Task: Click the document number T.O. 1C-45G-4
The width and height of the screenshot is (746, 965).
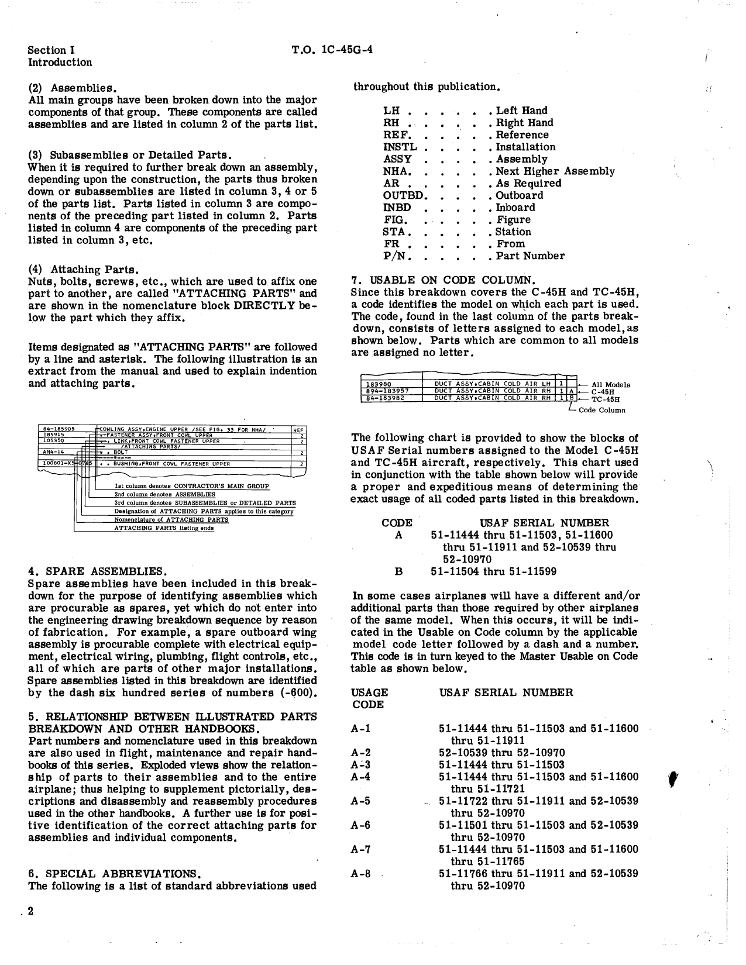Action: point(332,50)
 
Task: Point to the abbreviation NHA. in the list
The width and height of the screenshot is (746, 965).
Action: point(397,171)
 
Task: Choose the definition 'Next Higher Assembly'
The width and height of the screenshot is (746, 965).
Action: point(555,171)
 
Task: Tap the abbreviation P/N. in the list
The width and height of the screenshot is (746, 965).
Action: point(397,256)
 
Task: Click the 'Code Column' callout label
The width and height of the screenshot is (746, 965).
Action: point(601,411)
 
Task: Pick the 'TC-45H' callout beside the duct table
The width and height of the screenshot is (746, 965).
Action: point(606,400)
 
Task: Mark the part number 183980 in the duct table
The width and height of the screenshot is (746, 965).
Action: point(376,384)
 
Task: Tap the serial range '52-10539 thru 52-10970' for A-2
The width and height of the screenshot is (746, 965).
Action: point(501,753)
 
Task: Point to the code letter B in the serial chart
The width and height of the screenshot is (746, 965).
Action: point(398,571)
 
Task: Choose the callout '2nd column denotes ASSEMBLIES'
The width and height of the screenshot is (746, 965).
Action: point(164,494)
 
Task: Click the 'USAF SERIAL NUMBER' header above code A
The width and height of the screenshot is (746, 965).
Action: point(544,523)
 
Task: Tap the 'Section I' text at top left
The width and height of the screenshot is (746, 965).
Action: point(51,50)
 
